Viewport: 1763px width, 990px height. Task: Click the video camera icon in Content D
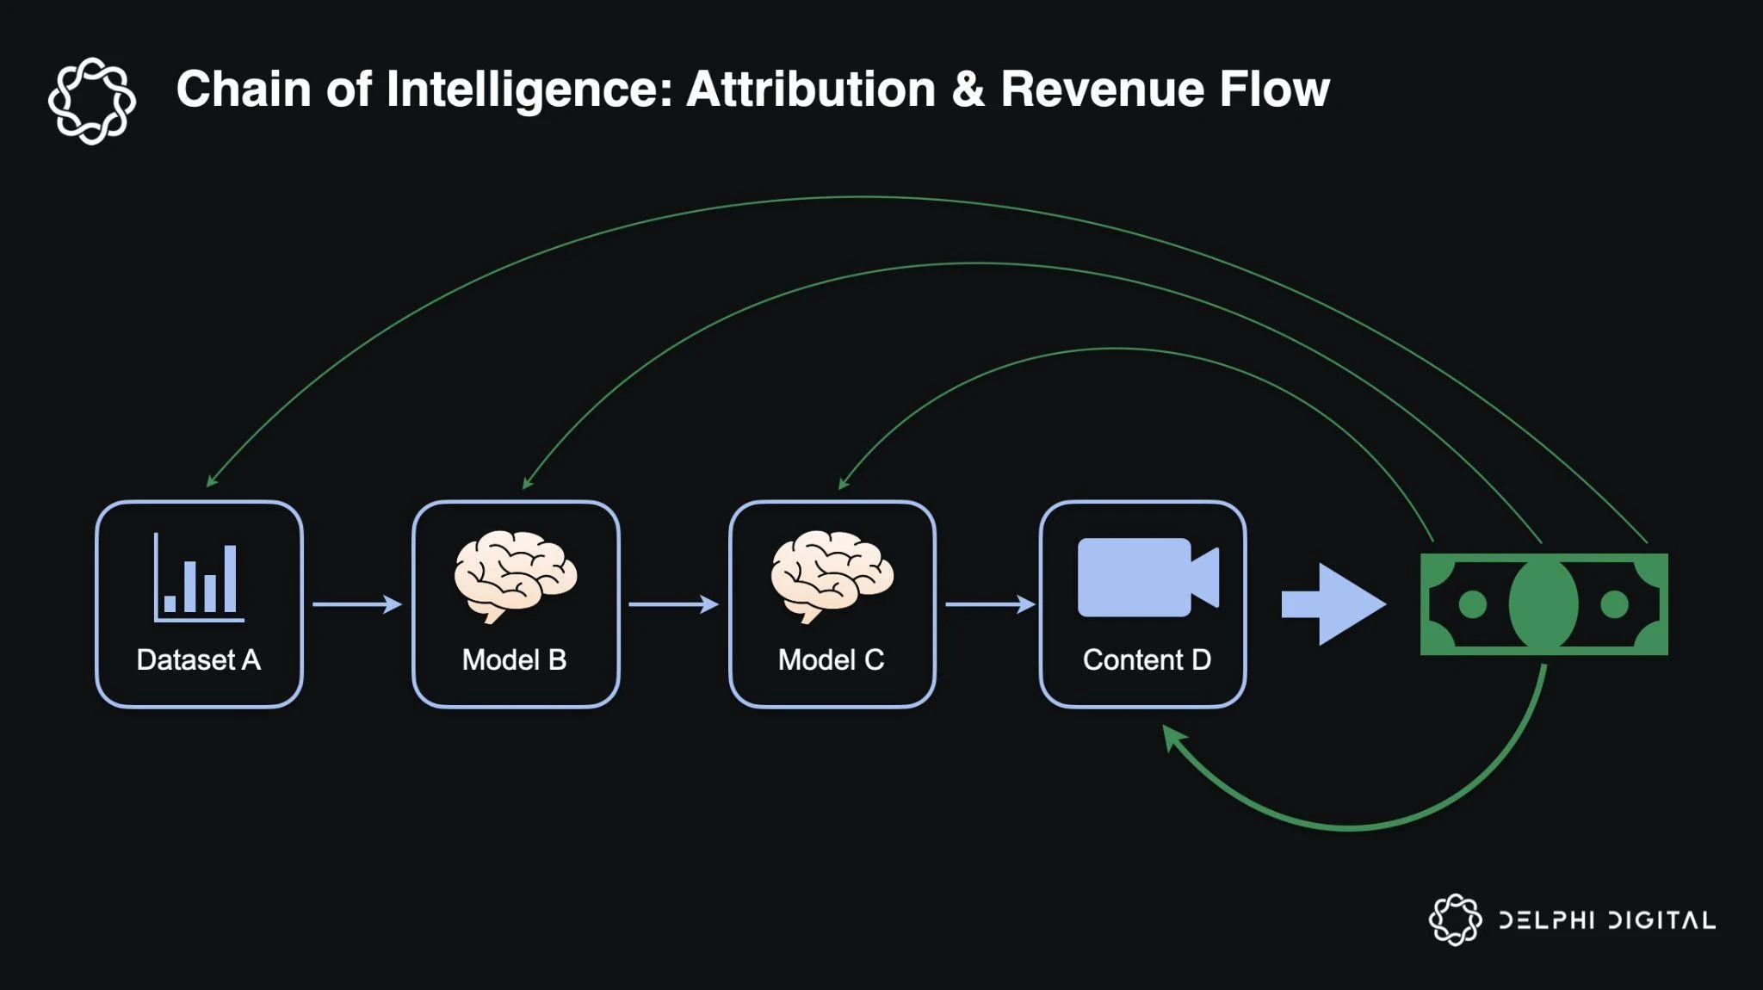pyautogui.click(x=1147, y=578)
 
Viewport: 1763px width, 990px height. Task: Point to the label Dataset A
pyautogui.click(x=198, y=659)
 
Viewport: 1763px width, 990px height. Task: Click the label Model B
pyautogui.click(x=514, y=659)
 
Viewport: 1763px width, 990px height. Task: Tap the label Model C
pyautogui.click(x=831, y=659)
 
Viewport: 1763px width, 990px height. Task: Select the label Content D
pyautogui.click(x=1147, y=659)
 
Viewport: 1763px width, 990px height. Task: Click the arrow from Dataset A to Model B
pyautogui.click(x=356, y=604)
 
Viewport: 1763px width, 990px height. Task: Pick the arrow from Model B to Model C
pyautogui.click(x=673, y=604)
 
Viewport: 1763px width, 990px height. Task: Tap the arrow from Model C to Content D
pyautogui.click(x=990, y=604)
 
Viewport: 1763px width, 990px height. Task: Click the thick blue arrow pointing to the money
pyautogui.click(x=1333, y=604)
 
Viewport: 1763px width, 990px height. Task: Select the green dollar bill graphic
pyautogui.click(x=1543, y=604)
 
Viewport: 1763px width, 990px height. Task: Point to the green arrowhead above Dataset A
pyautogui.click(x=211, y=481)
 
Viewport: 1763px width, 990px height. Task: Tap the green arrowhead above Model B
pyautogui.click(x=528, y=483)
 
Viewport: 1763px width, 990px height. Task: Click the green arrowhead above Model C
pyautogui.click(x=844, y=484)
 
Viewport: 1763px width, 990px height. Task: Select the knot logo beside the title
pyautogui.click(x=92, y=101)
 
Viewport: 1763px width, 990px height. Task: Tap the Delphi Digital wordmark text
pyautogui.click(x=1606, y=920)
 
